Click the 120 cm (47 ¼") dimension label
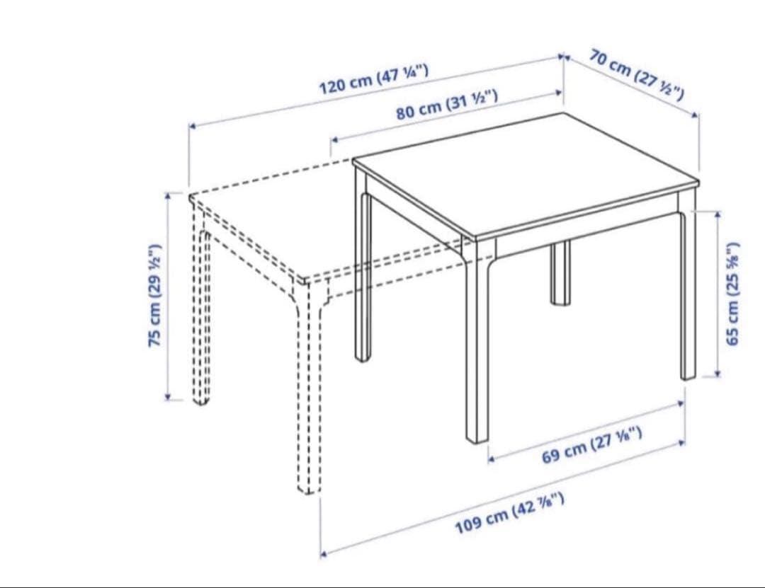point(374,79)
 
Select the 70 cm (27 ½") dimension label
point(636,74)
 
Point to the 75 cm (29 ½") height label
point(154,296)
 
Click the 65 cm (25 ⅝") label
point(733,294)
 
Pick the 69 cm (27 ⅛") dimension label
point(591,444)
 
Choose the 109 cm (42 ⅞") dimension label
point(510,514)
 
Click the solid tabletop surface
point(526,175)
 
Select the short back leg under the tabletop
point(560,273)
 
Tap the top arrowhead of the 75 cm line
point(168,196)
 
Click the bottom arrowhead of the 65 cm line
point(718,374)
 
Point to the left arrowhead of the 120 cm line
point(192,126)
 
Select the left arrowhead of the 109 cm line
point(324,554)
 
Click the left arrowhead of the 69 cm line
point(492,459)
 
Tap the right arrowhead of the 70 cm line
point(696,115)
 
